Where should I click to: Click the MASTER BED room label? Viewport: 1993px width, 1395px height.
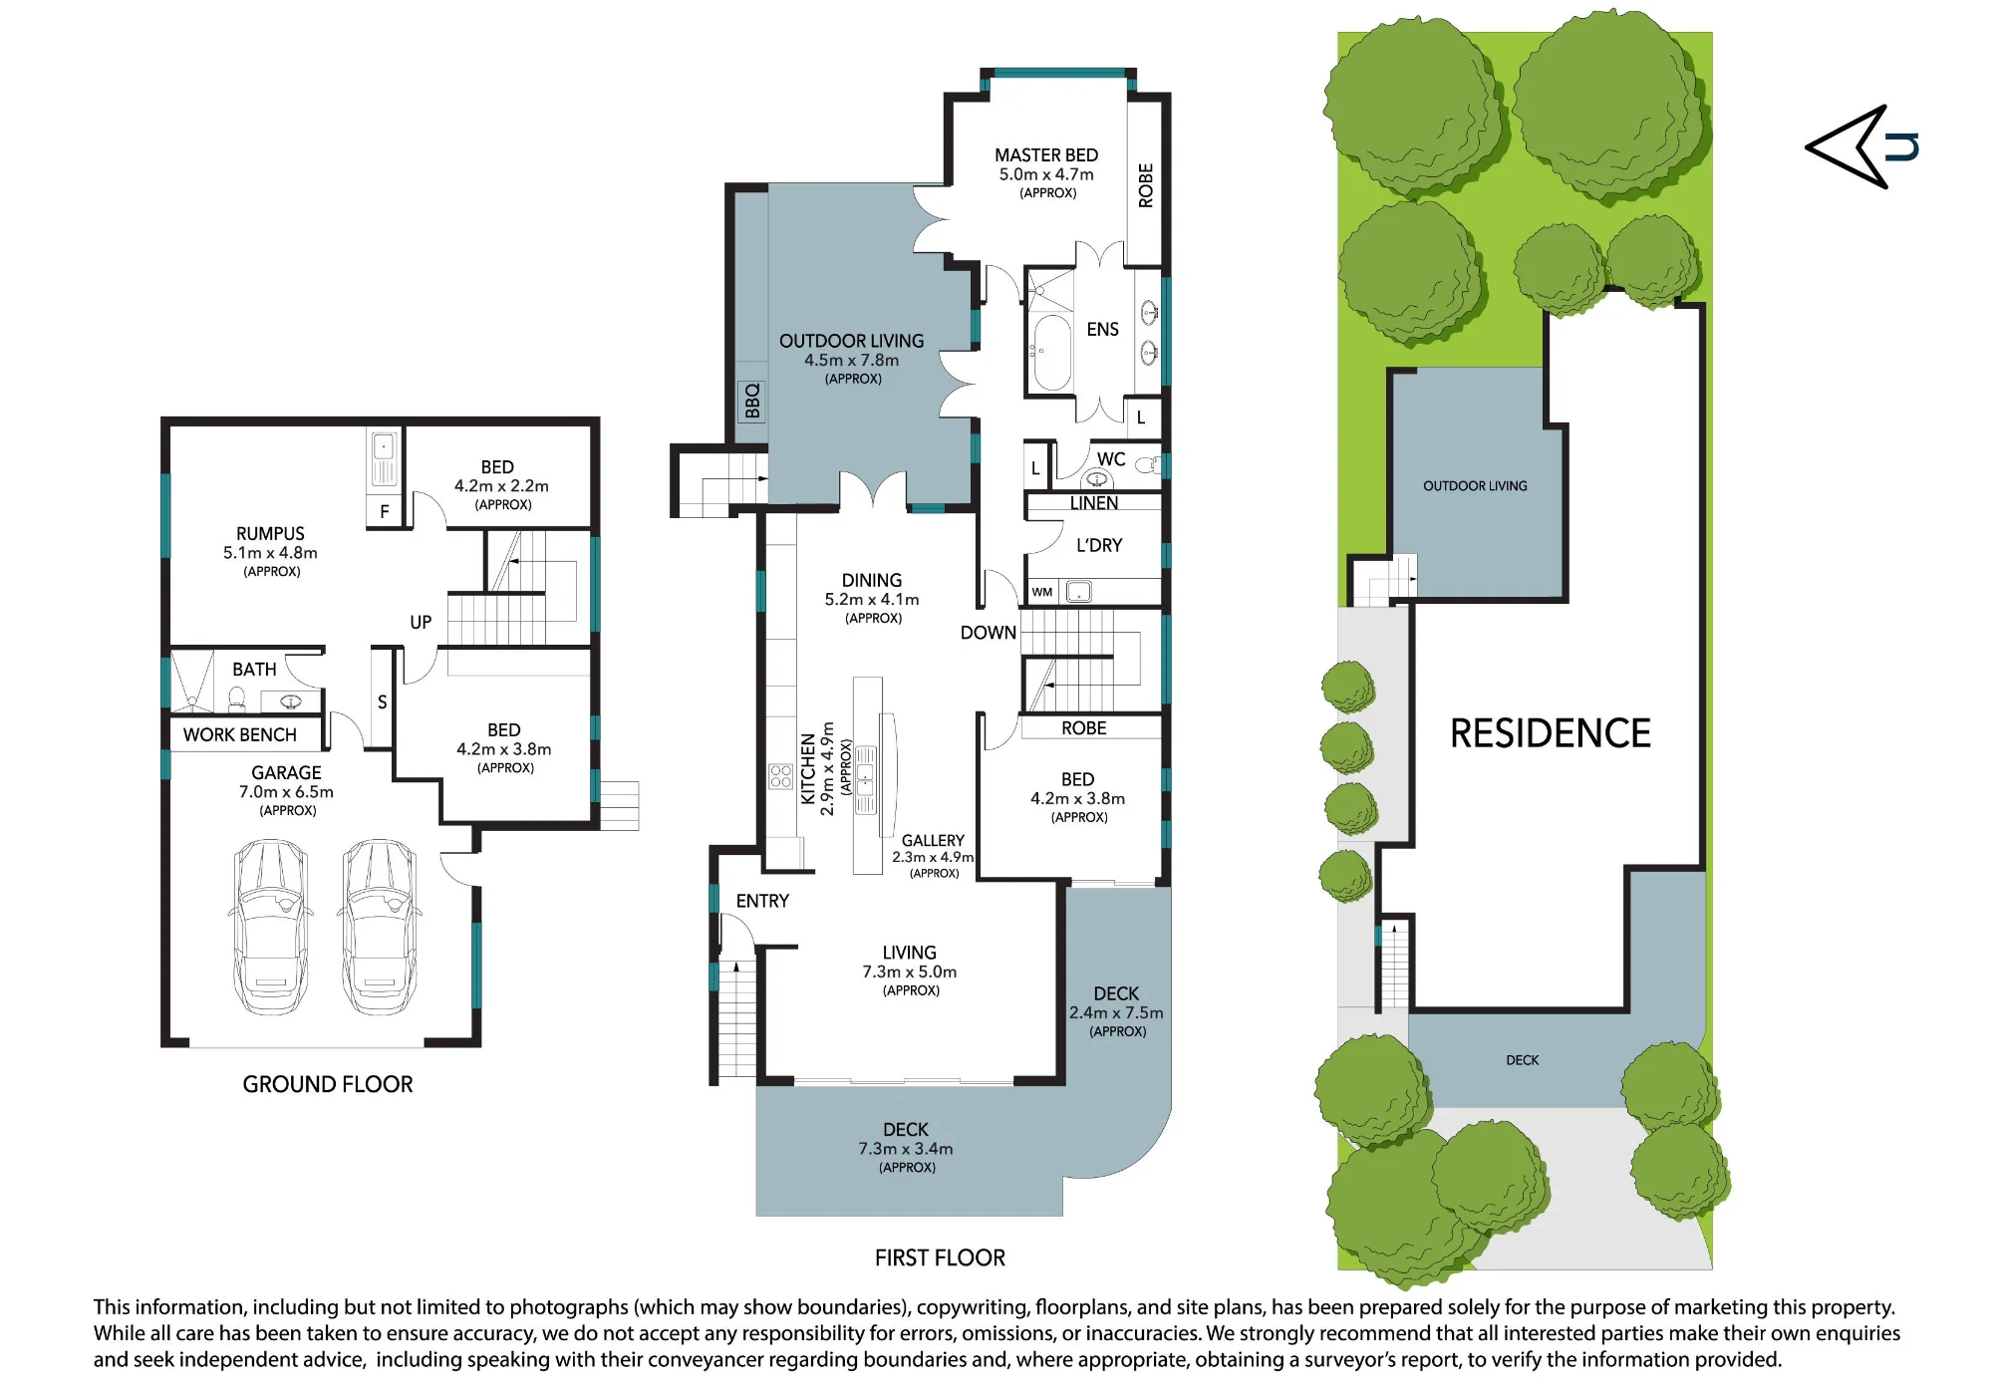tap(1046, 155)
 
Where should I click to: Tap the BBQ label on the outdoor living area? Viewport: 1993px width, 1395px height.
tap(752, 402)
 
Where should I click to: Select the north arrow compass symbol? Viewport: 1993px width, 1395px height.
tap(1860, 146)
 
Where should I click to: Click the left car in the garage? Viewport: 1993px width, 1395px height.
tap(270, 927)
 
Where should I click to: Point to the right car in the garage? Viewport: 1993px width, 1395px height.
tap(379, 927)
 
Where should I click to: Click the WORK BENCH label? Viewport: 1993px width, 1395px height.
tap(240, 734)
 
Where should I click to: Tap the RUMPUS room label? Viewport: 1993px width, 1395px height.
tap(270, 533)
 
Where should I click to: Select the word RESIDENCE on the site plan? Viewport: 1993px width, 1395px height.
tap(1550, 733)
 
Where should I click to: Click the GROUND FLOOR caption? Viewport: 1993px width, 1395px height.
tap(328, 1084)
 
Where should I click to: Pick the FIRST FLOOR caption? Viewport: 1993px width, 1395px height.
tap(940, 1257)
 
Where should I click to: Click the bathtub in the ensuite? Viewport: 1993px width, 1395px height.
tap(1051, 353)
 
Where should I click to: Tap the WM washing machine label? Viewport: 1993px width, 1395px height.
tap(1042, 592)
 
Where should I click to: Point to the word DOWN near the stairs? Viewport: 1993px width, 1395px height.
tap(989, 633)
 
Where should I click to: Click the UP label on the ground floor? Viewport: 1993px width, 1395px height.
tap(421, 622)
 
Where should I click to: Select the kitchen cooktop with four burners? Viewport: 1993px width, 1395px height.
tap(780, 776)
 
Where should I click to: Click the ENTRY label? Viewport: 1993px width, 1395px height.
tap(762, 901)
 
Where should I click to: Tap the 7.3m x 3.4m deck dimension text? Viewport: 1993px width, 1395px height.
tap(906, 1149)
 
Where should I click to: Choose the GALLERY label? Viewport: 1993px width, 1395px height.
tap(933, 840)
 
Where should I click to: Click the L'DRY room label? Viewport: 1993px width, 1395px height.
tap(1099, 545)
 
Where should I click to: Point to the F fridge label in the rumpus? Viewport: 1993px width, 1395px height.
tap(385, 512)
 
